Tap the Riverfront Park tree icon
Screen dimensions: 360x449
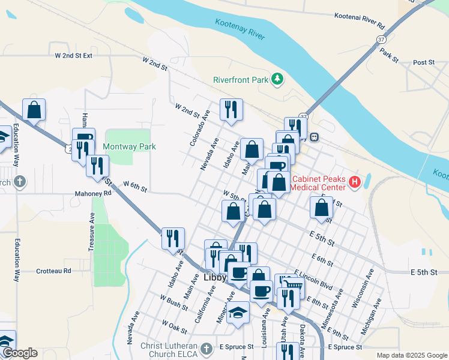[x=277, y=79]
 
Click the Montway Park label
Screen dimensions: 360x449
[x=129, y=146]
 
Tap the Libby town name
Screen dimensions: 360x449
[x=214, y=278]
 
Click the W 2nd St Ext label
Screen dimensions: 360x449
[x=74, y=55]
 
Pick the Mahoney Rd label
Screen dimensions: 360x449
[x=93, y=194]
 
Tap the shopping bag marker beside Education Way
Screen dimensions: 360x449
[x=34, y=110]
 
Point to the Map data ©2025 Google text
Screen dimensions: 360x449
[x=411, y=355]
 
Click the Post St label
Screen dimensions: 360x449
[x=423, y=62]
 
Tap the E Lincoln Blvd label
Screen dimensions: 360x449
[x=313, y=277]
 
